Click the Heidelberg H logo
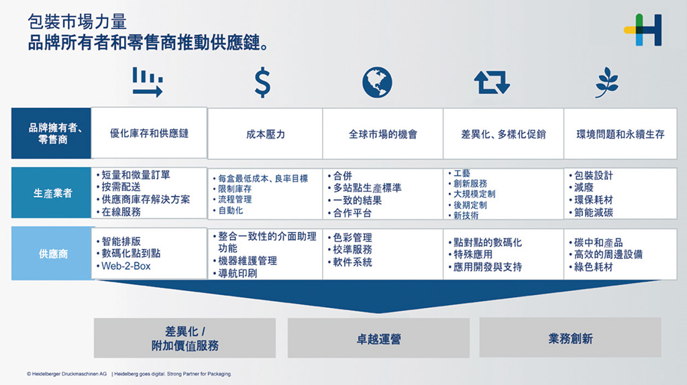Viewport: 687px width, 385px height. pyautogui.click(x=643, y=30)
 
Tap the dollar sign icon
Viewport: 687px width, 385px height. pyautogui.click(x=262, y=82)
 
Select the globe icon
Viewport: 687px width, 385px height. pyautogui.click(x=377, y=82)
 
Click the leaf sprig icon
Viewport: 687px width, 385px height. pyautogui.click(x=606, y=82)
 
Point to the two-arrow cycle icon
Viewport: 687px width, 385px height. pyautogui.click(x=492, y=82)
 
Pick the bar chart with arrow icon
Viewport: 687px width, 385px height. pyautogui.click(x=148, y=82)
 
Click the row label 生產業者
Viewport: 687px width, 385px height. pyautogui.click(x=52, y=192)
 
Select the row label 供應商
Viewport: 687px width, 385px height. pyautogui.click(x=52, y=254)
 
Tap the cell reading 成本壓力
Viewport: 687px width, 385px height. pyautogui.click(x=265, y=134)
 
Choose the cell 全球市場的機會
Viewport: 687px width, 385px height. pyautogui.click(x=383, y=134)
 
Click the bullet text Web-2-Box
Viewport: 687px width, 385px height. pyautogui.click(x=125, y=266)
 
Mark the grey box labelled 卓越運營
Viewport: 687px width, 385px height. pyautogui.click(x=378, y=338)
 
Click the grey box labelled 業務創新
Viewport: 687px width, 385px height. pyautogui.click(x=570, y=338)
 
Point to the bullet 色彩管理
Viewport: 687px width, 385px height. pyautogui.click(x=352, y=237)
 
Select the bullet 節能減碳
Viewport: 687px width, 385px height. pyautogui.click(x=593, y=213)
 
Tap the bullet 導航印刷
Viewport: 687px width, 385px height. pyautogui.click(x=237, y=273)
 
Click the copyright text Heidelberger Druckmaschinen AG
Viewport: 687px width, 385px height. pyautogui.click(x=66, y=374)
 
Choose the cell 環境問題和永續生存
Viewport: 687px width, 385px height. pyautogui.click(x=621, y=134)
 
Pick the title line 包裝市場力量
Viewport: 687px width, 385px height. pyautogui.click(x=77, y=22)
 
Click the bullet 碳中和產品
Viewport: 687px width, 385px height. pyautogui.click(x=598, y=242)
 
